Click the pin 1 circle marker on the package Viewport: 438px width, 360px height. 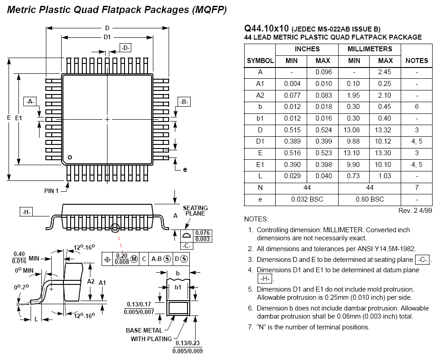(70, 157)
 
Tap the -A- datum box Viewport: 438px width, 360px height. (30, 102)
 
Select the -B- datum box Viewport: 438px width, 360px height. (184, 102)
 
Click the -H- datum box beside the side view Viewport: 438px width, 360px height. (26, 212)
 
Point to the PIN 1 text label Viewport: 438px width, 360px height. (51, 191)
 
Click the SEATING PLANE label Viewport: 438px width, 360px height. (195, 211)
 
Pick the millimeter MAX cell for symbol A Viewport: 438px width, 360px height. (384, 72)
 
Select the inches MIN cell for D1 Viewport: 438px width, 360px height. (292, 141)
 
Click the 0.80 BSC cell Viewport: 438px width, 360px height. (370, 199)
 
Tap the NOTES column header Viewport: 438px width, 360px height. (416, 61)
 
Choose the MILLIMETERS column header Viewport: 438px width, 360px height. (370, 49)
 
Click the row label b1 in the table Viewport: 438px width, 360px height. (260, 118)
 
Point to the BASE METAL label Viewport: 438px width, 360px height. (144, 330)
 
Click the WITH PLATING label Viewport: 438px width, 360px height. (151, 339)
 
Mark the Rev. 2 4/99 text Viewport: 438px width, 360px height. (415, 211)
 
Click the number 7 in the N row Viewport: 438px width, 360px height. (417, 188)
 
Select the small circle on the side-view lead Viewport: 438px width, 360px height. (115, 228)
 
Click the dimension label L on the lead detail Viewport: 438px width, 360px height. (36, 319)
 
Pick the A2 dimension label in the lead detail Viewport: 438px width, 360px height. (91, 281)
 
